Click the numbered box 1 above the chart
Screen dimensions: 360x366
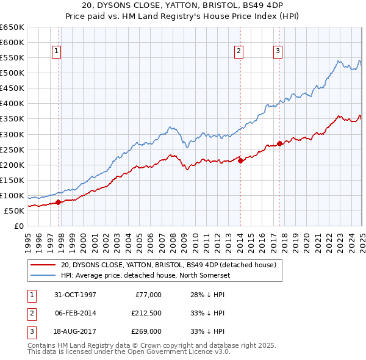[x=56, y=52]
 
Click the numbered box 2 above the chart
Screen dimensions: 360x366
[x=239, y=52]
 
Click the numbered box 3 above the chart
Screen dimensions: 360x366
[x=278, y=52]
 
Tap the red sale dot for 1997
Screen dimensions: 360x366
[x=59, y=202]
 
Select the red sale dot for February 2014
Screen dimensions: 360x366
[x=240, y=160]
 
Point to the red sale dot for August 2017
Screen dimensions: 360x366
[x=280, y=143]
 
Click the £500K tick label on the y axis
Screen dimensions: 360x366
[x=12, y=73]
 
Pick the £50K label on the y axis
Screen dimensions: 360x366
[x=15, y=211]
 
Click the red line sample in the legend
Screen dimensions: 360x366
[x=43, y=265]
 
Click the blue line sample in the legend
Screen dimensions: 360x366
[x=43, y=275]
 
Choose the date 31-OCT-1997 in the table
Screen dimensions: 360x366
[x=74, y=295]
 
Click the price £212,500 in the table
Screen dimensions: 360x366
[x=146, y=314]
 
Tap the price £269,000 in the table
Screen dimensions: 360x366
[x=146, y=332]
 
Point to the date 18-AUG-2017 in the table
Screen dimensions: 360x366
[x=75, y=332]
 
